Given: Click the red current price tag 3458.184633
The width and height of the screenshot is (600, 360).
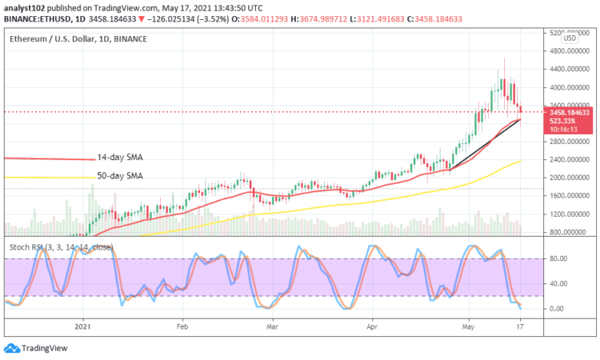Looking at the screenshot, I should pyautogui.click(x=570, y=113).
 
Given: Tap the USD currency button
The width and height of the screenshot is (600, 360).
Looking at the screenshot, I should pyautogui.click(x=570, y=38).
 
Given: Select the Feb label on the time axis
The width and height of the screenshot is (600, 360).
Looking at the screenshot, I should pyautogui.click(x=182, y=326).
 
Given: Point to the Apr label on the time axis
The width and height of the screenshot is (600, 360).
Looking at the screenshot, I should pyautogui.click(x=371, y=326).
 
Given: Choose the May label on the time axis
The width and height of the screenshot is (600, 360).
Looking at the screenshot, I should pyautogui.click(x=468, y=326).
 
